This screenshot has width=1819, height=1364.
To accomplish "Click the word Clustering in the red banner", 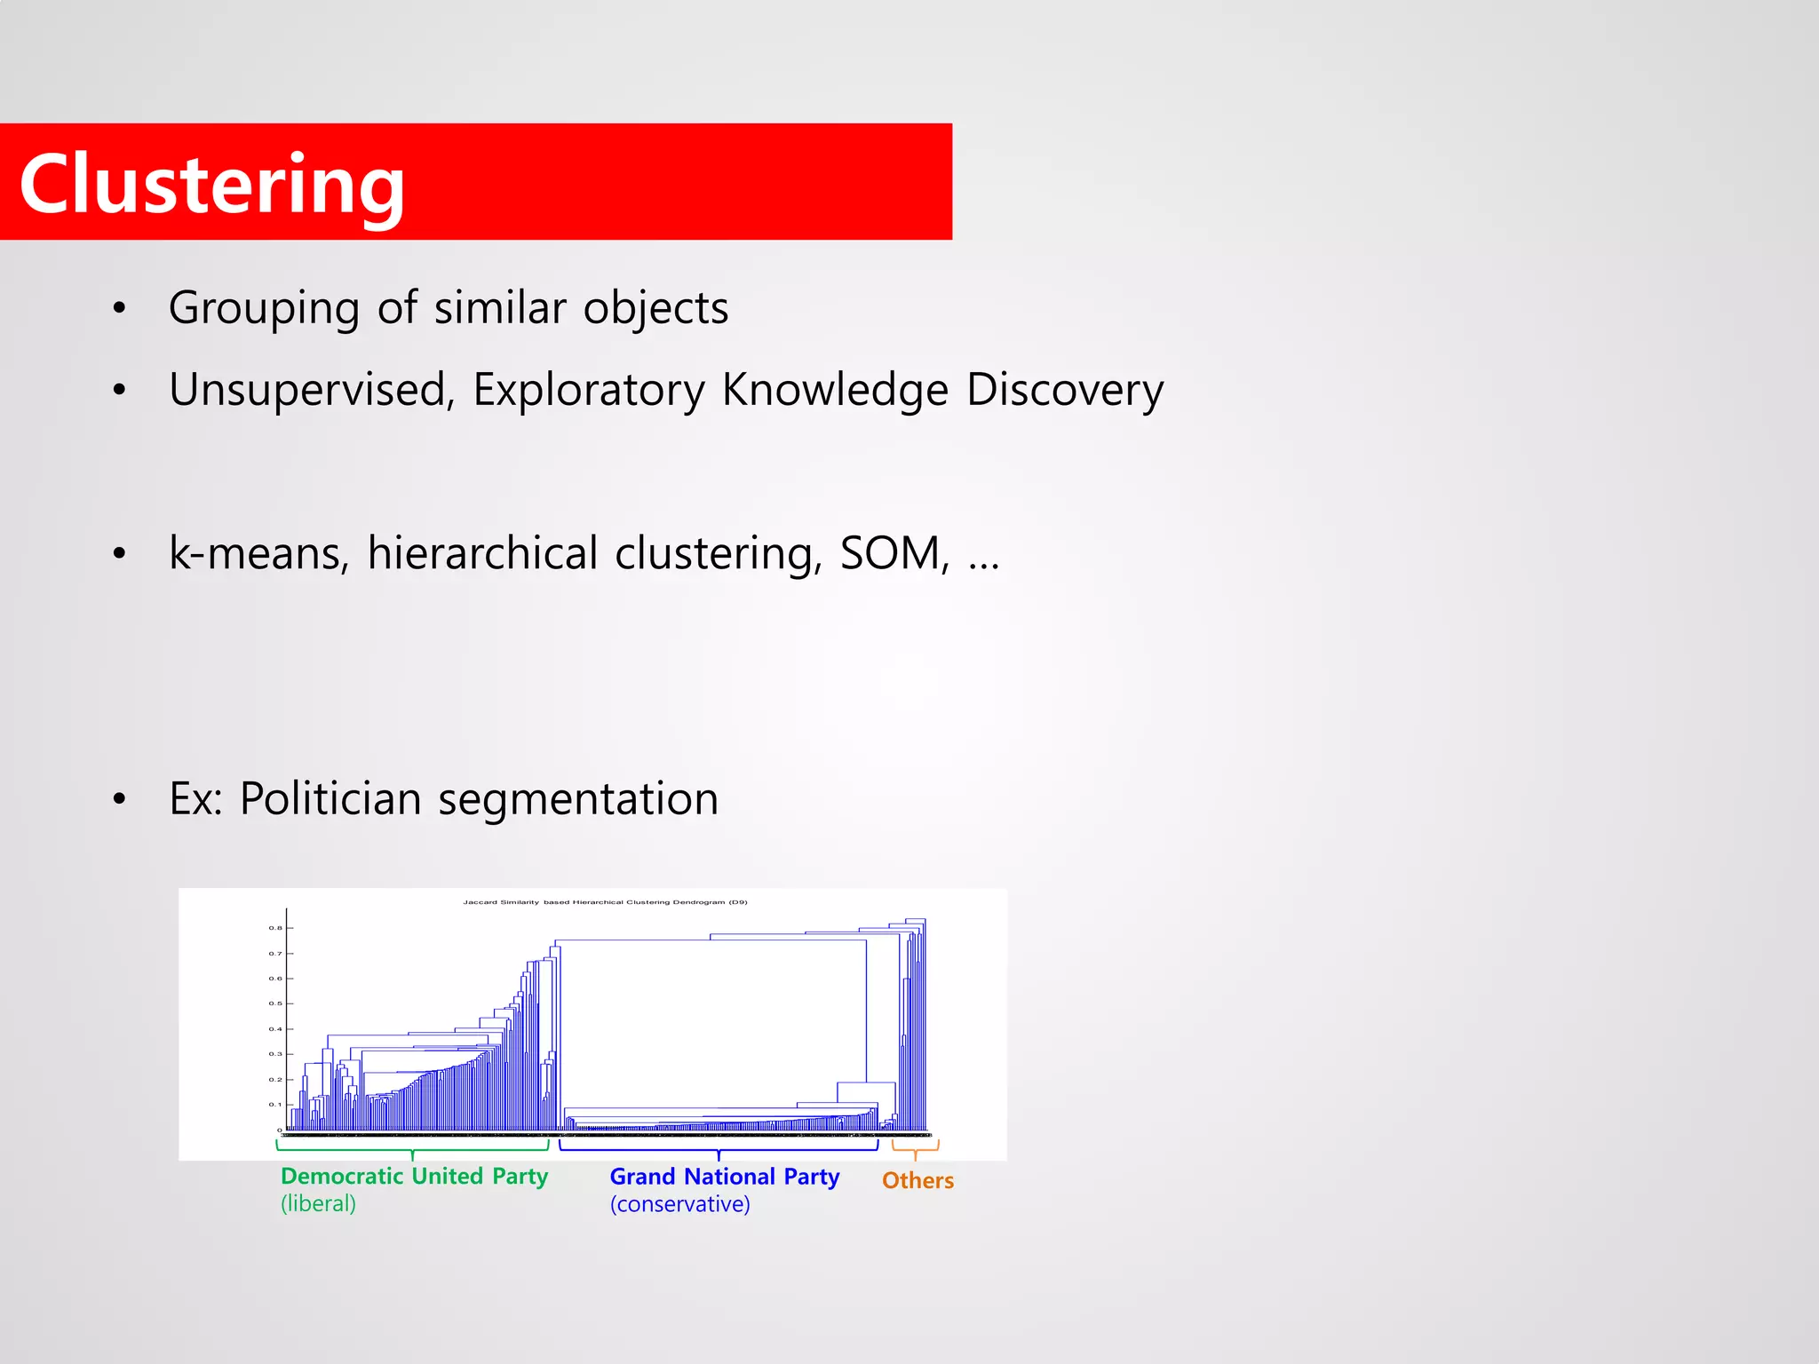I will pos(211,185).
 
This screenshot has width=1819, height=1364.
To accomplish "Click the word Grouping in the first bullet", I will pos(264,309).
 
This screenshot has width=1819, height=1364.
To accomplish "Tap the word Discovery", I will pos(1064,390).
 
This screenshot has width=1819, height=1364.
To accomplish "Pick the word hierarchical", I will pos(482,553).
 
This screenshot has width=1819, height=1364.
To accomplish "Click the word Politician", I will pos(330,798).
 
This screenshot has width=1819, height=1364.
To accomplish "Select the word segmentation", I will pos(578,798).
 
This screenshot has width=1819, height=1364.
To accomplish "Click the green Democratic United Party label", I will pos(414,1177).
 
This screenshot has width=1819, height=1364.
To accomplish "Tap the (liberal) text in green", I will pos(318,1204).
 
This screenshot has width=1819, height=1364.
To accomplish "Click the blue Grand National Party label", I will pos(724,1177).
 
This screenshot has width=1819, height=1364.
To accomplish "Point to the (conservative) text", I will pos(679,1205).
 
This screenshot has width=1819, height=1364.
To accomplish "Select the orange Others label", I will pos(917,1181).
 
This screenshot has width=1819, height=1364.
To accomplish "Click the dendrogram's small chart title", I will pos(605,902).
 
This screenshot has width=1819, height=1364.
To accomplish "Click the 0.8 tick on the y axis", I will pos(275,928).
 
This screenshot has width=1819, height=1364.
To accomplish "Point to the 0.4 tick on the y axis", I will pos(275,1029).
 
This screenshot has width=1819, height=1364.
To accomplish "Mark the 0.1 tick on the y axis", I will pos(275,1105).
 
